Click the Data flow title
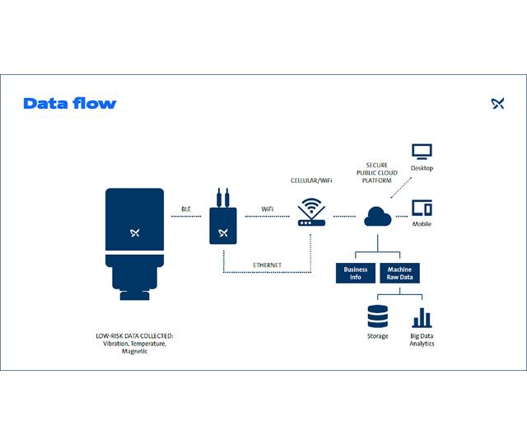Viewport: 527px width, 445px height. pyautogui.click(x=70, y=103)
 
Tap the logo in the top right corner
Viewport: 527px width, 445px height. pyautogui.click(x=497, y=103)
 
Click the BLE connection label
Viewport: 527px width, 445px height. pyautogui.click(x=186, y=210)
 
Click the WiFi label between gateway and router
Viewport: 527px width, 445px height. pyautogui.click(x=267, y=210)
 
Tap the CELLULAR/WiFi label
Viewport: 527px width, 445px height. pyautogui.click(x=310, y=180)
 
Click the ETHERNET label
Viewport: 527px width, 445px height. pyautogui.click(x=268, y=265)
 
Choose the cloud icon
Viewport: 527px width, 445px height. pyautogui.click(x=378, y=217)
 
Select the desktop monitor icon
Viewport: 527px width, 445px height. pyautogui.click(x=422, y=152)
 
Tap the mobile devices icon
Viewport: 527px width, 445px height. pyautogui.click(x=422, y=208)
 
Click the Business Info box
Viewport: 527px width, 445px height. pyautogui.click(x=356, y=273)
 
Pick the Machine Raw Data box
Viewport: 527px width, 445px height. pyautogui.click(x=399, y=273)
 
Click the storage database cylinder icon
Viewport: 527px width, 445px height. pyautogui.click(x=377, y=316)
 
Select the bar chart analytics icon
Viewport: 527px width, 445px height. pyautogui.click(x=422, y=317)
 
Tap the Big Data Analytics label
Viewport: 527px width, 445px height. pyautogui.click(x=422, y=340)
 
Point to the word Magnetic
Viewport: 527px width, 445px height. pyautogui.click(x=135, y=352)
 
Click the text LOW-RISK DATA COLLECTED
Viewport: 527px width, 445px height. pyautogui.click(x=135, y=336)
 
